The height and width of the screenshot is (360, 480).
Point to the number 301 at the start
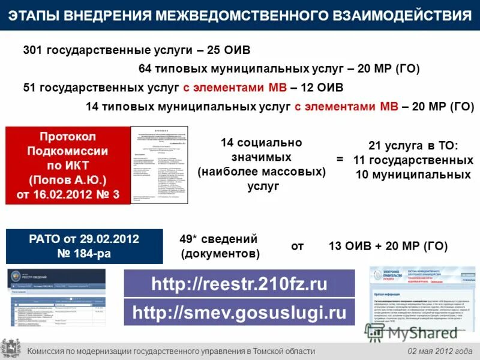click(x=33, y=50)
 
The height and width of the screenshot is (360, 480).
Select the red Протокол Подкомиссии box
click(x=68, y=165)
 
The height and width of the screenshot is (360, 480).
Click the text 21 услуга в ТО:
click(x=412, y=146)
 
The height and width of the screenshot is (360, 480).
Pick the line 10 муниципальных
click(x=413, y=175)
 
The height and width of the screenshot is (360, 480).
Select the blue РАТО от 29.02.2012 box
click(x=84, y=246)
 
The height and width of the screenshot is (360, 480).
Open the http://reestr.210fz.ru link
click(x=239, y=283)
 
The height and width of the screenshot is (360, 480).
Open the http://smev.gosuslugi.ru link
click(x=239, y=313)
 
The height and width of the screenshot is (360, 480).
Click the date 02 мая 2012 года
click(x=440, y=351)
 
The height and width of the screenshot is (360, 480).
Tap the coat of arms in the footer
click(x=10, y=350)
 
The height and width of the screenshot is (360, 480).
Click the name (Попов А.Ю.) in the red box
click(x=67, y=179)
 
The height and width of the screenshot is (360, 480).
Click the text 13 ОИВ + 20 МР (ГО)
click(x=388, y=246)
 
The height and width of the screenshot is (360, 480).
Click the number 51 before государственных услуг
click(x=29, y=88)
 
